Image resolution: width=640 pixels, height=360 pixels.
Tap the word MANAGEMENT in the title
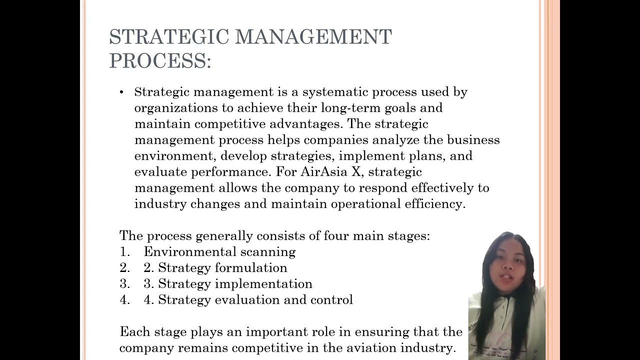(x=313, y=37)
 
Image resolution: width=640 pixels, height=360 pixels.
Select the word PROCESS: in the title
(x=160, y=61)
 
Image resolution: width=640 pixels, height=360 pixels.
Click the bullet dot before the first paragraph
(x=121, y=92)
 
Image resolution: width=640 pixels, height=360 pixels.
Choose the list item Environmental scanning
(x=219, y=252)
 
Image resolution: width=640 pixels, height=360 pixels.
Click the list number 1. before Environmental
(x=124, y=252)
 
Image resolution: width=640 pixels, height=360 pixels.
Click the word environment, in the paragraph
(x=175, y=156)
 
